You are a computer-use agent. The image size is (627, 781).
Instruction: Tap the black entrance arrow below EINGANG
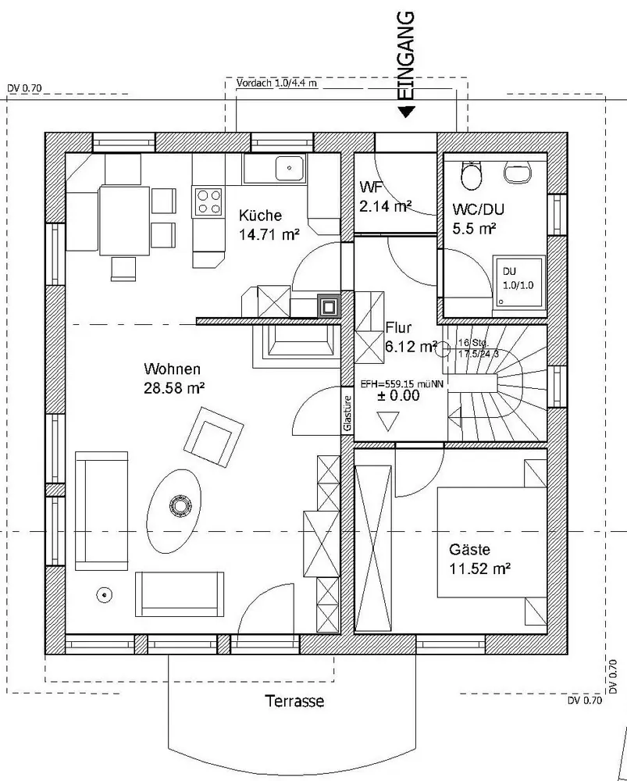coord(406,112)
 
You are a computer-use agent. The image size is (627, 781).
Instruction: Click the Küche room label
coord(260,215)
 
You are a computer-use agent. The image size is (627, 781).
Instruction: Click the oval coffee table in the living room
coord(177,505)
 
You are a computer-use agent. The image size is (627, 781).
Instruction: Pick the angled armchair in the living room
coord(212,434)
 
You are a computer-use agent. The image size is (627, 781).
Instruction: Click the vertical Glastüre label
coord(347,413)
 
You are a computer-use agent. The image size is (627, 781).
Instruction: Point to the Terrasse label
coord(294,701)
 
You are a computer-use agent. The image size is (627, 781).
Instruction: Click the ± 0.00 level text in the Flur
coord(398,396)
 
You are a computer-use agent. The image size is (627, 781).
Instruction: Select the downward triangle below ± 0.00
coord(387,423)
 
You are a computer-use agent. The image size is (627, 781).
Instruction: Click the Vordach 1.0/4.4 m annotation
coord(276,83)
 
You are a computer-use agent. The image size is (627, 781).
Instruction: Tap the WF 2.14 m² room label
coord(385,198)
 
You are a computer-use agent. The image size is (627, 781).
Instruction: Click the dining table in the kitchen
coord(124,220)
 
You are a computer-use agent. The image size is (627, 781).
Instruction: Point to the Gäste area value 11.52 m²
coord(479,569)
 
